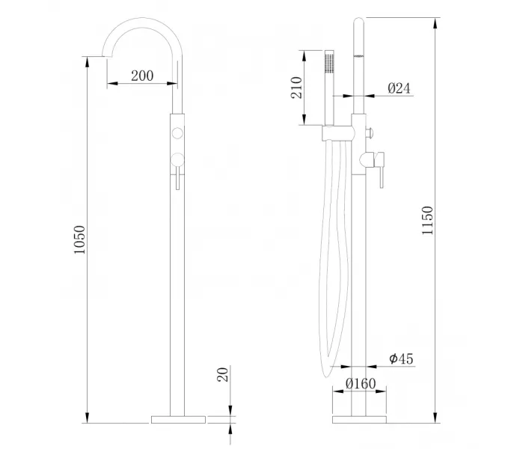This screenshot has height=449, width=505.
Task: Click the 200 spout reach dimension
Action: pyautogui.click(x=142, y=76)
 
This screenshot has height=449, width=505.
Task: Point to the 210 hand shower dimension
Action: pyautogui.click(x=296, y=88)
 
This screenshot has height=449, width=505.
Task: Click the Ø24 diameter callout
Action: pyautogui.click(x=399, y=88)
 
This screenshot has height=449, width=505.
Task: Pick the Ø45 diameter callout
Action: pyautogui.click(x=401, y=359)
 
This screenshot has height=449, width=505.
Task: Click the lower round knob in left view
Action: pyautogui.click(x=178, y=157)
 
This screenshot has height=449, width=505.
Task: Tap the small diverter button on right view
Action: pyautogui.click(x=369, y=133)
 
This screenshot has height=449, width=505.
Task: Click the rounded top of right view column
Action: pyautogui.click(x=358, y=22)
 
